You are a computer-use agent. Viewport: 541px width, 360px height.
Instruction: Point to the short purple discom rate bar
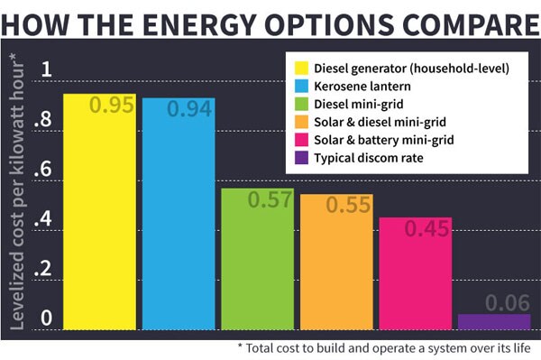click(x=494, y=321)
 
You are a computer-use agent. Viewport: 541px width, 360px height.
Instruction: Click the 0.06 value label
click(x=494, y=302)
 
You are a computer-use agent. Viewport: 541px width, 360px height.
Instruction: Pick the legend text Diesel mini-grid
click(x=359, y=103)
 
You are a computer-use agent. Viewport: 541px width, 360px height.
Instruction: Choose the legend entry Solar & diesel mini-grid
click(x=379, y=121)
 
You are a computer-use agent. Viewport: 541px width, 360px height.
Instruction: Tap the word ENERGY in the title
click(x=208, y=20)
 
